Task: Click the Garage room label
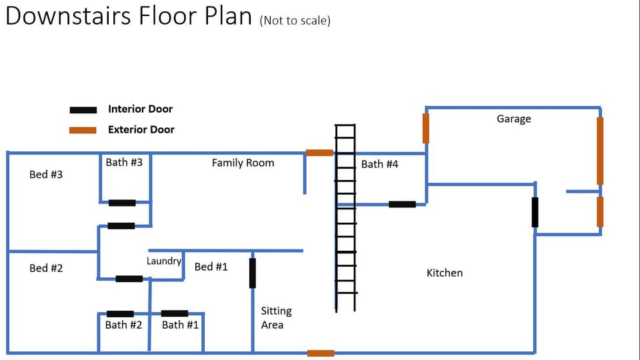[x=513, y=119]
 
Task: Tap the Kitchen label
[x=444, y=273]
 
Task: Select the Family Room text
[x=243, y=163]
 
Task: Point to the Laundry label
[x=164, y=261]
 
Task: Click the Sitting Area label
[x=276, y=318]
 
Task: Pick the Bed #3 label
[x=46, y=175]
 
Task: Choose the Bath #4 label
[x=379, y=164]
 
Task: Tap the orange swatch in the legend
[x=84, y=130]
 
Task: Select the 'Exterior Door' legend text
[x=141, y=130]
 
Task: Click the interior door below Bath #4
[x=402, y=204]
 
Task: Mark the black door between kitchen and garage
[x=535, y=212]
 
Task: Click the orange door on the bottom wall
[x=321, y=353]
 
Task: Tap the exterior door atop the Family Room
[x=319, y=153]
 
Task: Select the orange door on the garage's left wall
[x=426, y=128]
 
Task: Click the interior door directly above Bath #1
[x=175, y=313]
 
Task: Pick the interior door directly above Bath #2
[x=120, y=313]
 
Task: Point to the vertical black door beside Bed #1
[x=252, y=273]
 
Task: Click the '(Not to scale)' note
[x=295, y=20]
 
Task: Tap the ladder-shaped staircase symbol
[x=345, y=218]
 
